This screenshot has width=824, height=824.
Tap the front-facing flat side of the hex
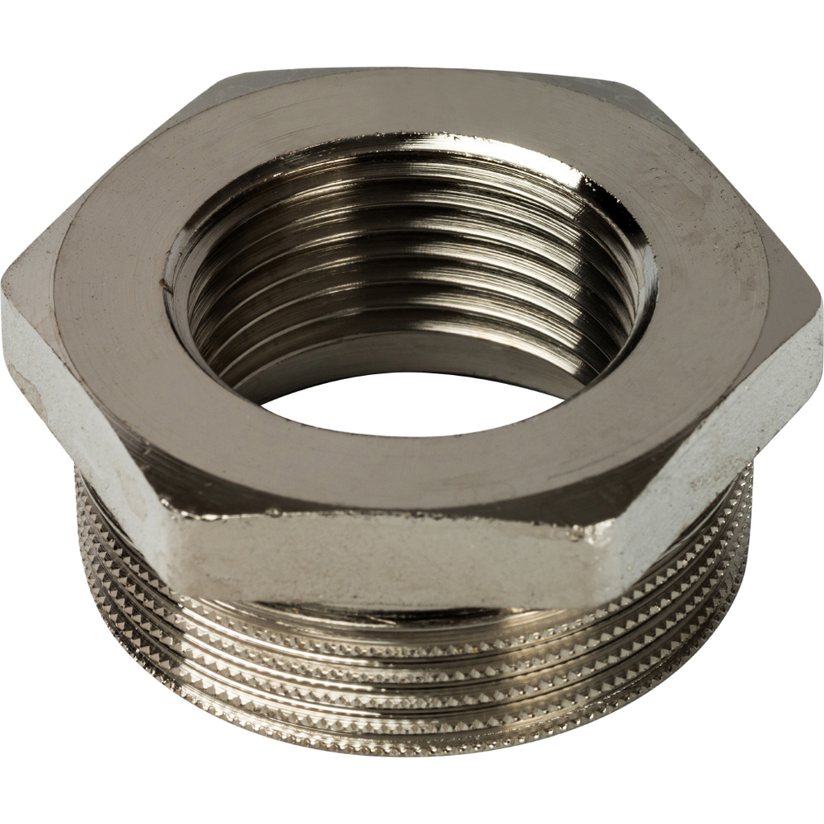coord(387,560)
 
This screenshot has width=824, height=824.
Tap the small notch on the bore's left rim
coord(168,284)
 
